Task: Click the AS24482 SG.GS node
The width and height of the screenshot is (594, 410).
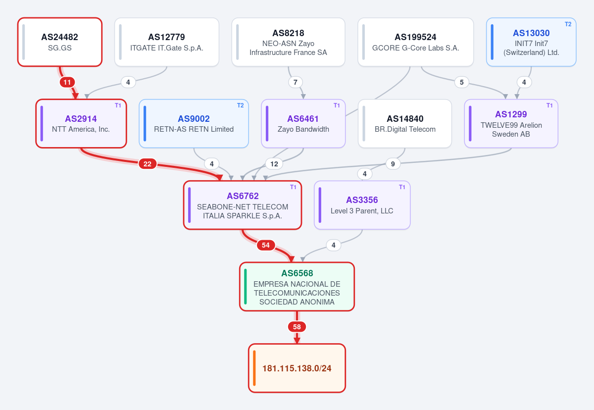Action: coord(60,42)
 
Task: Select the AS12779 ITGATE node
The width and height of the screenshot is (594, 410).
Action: coord(167,42)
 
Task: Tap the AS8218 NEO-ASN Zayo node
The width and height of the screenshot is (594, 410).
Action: coord(288,42)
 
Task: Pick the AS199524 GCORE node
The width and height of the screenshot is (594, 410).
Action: coord(415,42)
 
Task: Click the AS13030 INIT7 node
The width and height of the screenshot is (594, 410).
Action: coord(531,42)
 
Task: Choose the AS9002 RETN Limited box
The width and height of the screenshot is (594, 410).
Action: coord(194,124)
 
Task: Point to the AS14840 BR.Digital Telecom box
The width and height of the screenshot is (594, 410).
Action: coord(405,124)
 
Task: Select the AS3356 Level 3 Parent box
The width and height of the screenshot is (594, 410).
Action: coord(362,205)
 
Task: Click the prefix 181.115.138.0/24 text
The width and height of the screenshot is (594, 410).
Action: coord(297,368)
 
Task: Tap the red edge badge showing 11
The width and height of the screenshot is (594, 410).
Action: coord(67,82)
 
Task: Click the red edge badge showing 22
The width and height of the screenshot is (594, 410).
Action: coord(148,164)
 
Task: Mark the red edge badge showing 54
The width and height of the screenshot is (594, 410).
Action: coord(266,245)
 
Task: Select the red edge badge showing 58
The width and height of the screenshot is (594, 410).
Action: coord(297,327)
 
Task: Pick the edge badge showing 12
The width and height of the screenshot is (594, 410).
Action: coord(274,164)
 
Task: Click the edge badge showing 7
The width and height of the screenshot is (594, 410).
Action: coord(296,82)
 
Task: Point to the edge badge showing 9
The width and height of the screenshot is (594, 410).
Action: coord(393,164)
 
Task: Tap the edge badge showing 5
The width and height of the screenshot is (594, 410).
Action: coord(462,82)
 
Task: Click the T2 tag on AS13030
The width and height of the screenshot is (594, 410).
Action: coord(568,24)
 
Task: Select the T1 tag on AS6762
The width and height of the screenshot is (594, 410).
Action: coord(293,187)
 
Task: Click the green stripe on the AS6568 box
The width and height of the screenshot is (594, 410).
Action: coord(246,286)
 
